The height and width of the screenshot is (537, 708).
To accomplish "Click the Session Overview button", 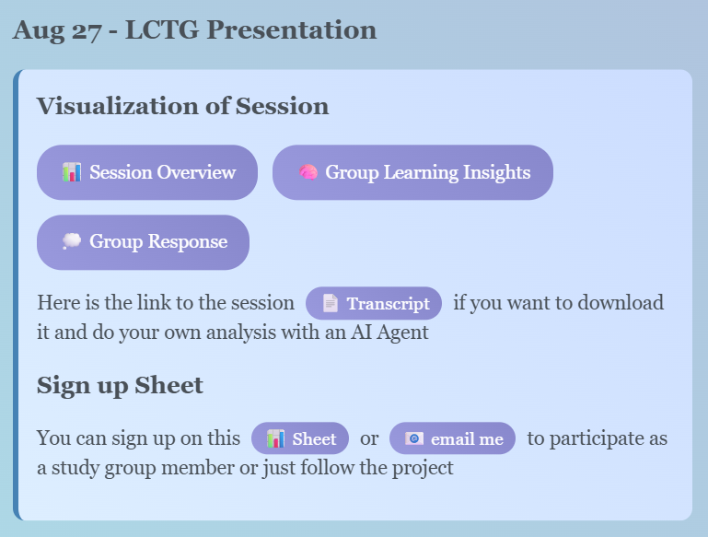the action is pos(147,172).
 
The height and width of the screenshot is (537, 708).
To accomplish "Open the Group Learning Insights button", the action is pos(412,172).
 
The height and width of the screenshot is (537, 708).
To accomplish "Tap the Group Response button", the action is pos(143,242).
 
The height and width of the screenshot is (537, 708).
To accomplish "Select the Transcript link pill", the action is pos(374,304).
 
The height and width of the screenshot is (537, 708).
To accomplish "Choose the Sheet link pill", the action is pos(300,438).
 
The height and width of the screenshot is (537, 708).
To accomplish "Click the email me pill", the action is pos(452,438).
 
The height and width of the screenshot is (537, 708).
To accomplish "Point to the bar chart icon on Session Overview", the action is pos(72,172).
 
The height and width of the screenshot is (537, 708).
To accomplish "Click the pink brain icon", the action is pos(308,172).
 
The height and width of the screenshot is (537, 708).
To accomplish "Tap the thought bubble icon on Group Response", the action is pos(71,241).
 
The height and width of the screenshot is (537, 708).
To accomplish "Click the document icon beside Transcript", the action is pos(331,303).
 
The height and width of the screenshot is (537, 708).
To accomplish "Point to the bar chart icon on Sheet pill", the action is pos(275,438).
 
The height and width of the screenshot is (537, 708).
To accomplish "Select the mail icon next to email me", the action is pos(414,438).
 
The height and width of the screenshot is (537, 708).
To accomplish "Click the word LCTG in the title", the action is pos(162,30).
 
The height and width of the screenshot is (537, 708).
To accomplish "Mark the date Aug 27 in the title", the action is pos(57,31).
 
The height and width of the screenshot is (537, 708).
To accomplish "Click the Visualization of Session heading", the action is pos(183,107).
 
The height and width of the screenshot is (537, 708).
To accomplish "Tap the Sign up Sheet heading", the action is pos(120,386).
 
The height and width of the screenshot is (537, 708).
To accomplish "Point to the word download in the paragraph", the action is pos(621,303).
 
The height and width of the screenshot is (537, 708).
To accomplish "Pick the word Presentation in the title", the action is pos(292,30).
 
